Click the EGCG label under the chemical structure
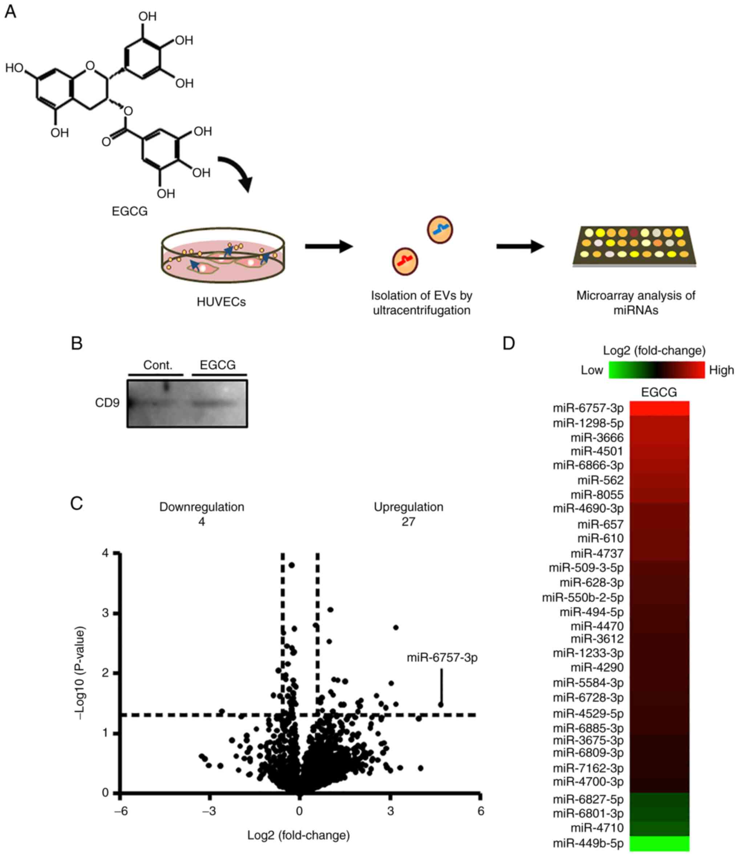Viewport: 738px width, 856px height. point(129,212)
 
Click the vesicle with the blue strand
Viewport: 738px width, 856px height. point(440,229)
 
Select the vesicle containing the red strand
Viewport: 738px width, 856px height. point(405,261)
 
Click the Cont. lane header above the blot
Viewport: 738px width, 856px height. point(157,365)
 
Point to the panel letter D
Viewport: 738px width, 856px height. point(509,343)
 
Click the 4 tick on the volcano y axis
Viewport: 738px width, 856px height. point(105,553)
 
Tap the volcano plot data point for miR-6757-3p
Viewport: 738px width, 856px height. point(441,704)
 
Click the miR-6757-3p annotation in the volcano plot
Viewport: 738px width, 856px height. point(442,658)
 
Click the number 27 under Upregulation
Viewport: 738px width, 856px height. point(408,522)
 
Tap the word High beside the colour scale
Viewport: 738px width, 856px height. point(721,370)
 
